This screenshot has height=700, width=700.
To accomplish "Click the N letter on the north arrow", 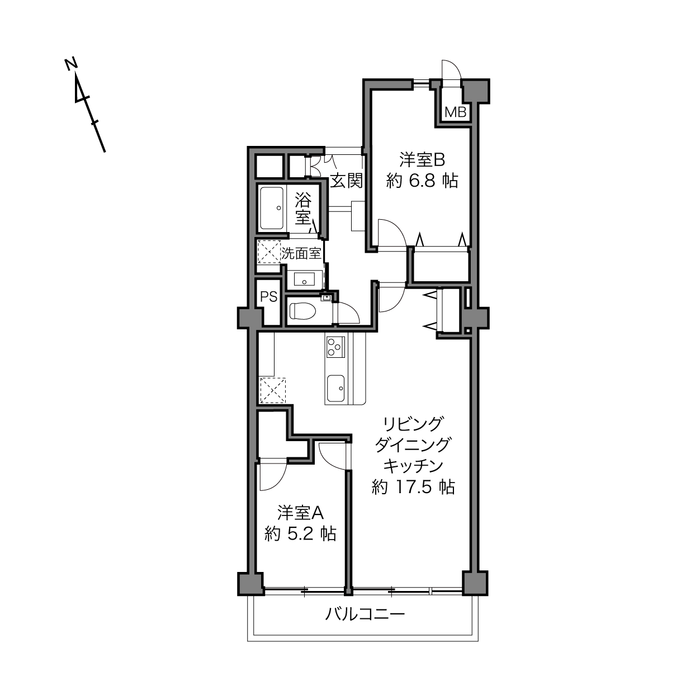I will [70, 64].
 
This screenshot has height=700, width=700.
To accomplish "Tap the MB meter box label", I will [455, 112].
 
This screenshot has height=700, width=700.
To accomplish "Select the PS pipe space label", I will [269, 297].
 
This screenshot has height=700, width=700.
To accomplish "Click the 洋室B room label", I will [422, 160].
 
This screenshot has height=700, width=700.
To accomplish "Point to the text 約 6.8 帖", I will [422, 181].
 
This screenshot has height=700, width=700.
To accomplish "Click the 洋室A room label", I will [301, 512].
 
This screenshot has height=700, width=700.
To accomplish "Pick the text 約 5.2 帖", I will [301, 534].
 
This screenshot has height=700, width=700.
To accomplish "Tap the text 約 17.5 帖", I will [413, 487].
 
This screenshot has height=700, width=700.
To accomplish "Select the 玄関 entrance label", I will [346, 180].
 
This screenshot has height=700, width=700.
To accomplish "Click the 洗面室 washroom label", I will [301, 253].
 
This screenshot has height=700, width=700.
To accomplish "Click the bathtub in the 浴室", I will [272, 207].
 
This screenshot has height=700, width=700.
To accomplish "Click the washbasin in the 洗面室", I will [305, 279].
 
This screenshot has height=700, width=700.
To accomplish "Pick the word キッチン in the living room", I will [413, 466].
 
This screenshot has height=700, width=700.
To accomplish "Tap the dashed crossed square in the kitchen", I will [273, 390].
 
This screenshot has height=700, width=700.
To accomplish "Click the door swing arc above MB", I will [452, 69].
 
